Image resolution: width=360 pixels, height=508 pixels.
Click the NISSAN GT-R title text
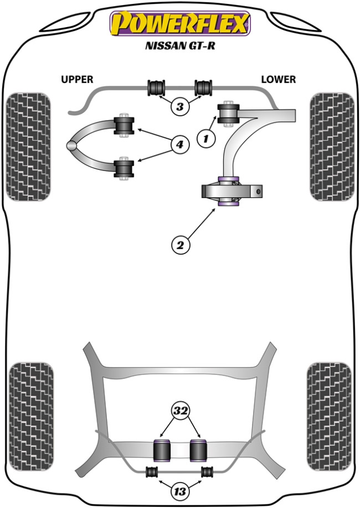pyautogui.click(x=180, y=47)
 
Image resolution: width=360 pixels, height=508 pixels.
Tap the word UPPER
pyautogui.click(x=77, y=80)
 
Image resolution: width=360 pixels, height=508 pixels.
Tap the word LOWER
pyautogui.click(x=279, y=80)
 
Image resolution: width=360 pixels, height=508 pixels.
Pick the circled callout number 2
pyautogui.click(x=180, y=244)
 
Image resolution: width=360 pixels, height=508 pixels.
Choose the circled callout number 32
pyautogui.click(x=179, y=411)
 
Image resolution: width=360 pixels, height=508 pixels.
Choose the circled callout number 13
pyautogui.click(x=179, y=491)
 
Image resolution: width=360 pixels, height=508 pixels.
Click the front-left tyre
pyautogui.click(x=28, y=147)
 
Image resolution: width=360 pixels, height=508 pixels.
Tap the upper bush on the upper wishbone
pyautogui.click(x=124, y=125)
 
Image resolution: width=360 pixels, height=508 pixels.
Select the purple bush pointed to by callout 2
pyautogui.click(x=229, y=191)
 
